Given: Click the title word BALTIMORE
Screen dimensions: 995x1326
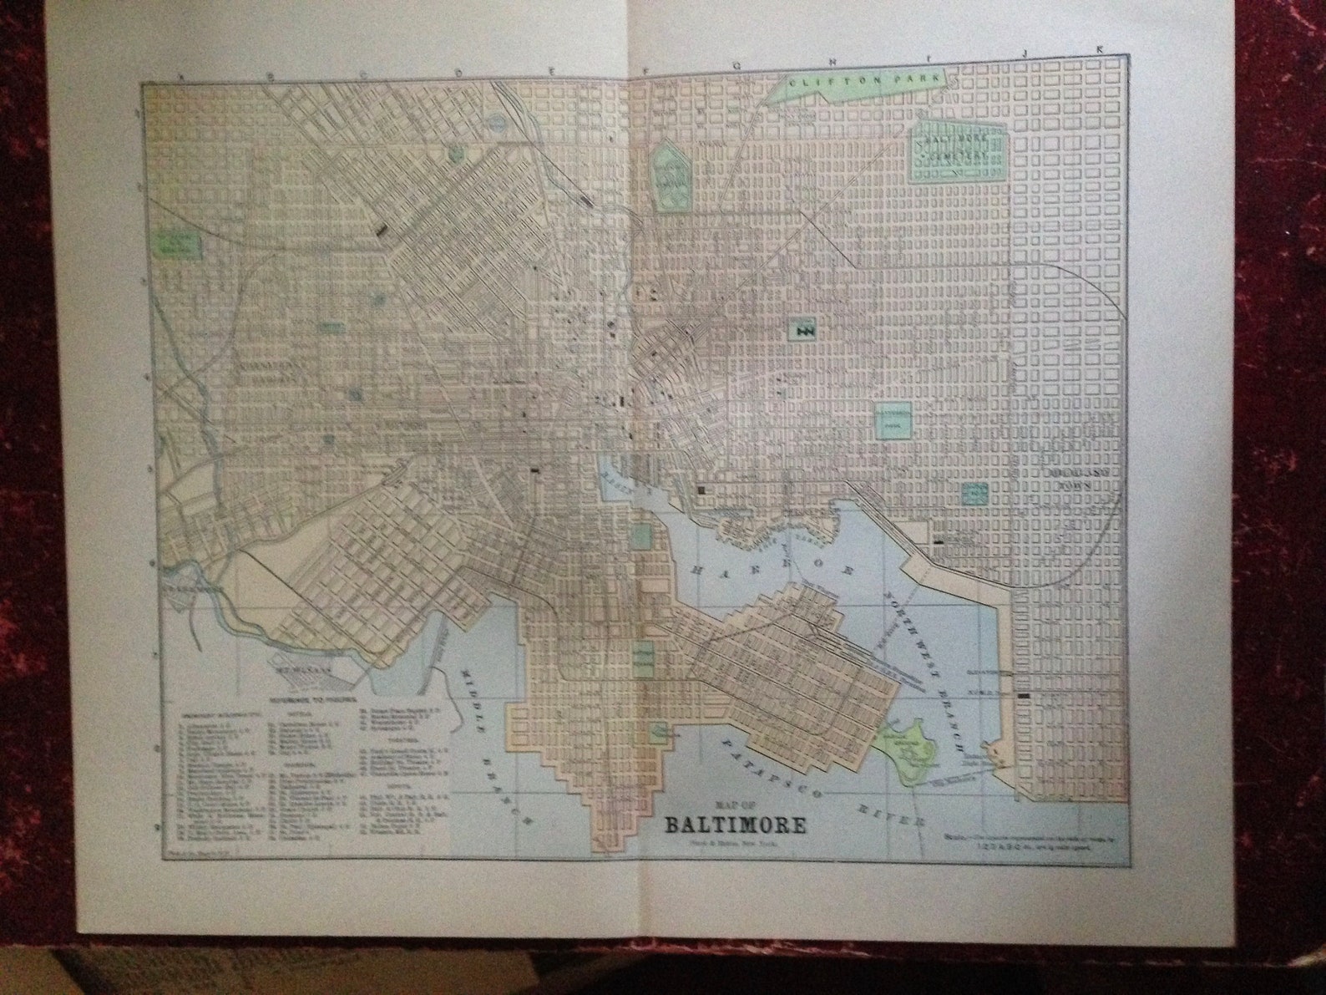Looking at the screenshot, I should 735,825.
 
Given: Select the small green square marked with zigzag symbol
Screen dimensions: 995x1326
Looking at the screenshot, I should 805,329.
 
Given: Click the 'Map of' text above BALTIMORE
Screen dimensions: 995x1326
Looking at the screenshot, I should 735,805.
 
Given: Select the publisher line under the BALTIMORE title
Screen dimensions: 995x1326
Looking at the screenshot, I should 735,842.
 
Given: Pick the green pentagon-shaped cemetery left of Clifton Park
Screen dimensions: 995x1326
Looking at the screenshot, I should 670,175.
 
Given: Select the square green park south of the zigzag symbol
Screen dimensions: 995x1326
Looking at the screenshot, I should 893,421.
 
